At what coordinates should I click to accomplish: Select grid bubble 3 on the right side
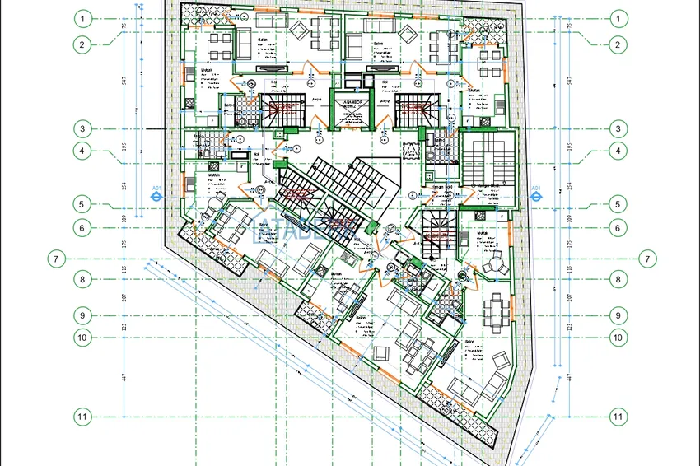click(618, 128)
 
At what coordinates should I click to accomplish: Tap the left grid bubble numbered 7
click(55, 259)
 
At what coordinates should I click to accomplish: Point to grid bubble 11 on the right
click(618, 417)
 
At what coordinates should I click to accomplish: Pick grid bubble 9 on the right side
click(618, 315)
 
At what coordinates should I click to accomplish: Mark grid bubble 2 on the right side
click(618, 45)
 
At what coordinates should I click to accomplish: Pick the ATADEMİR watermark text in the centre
click(296, 231)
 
